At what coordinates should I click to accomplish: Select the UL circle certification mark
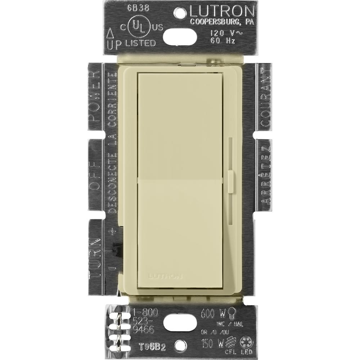tap(141, 27)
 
